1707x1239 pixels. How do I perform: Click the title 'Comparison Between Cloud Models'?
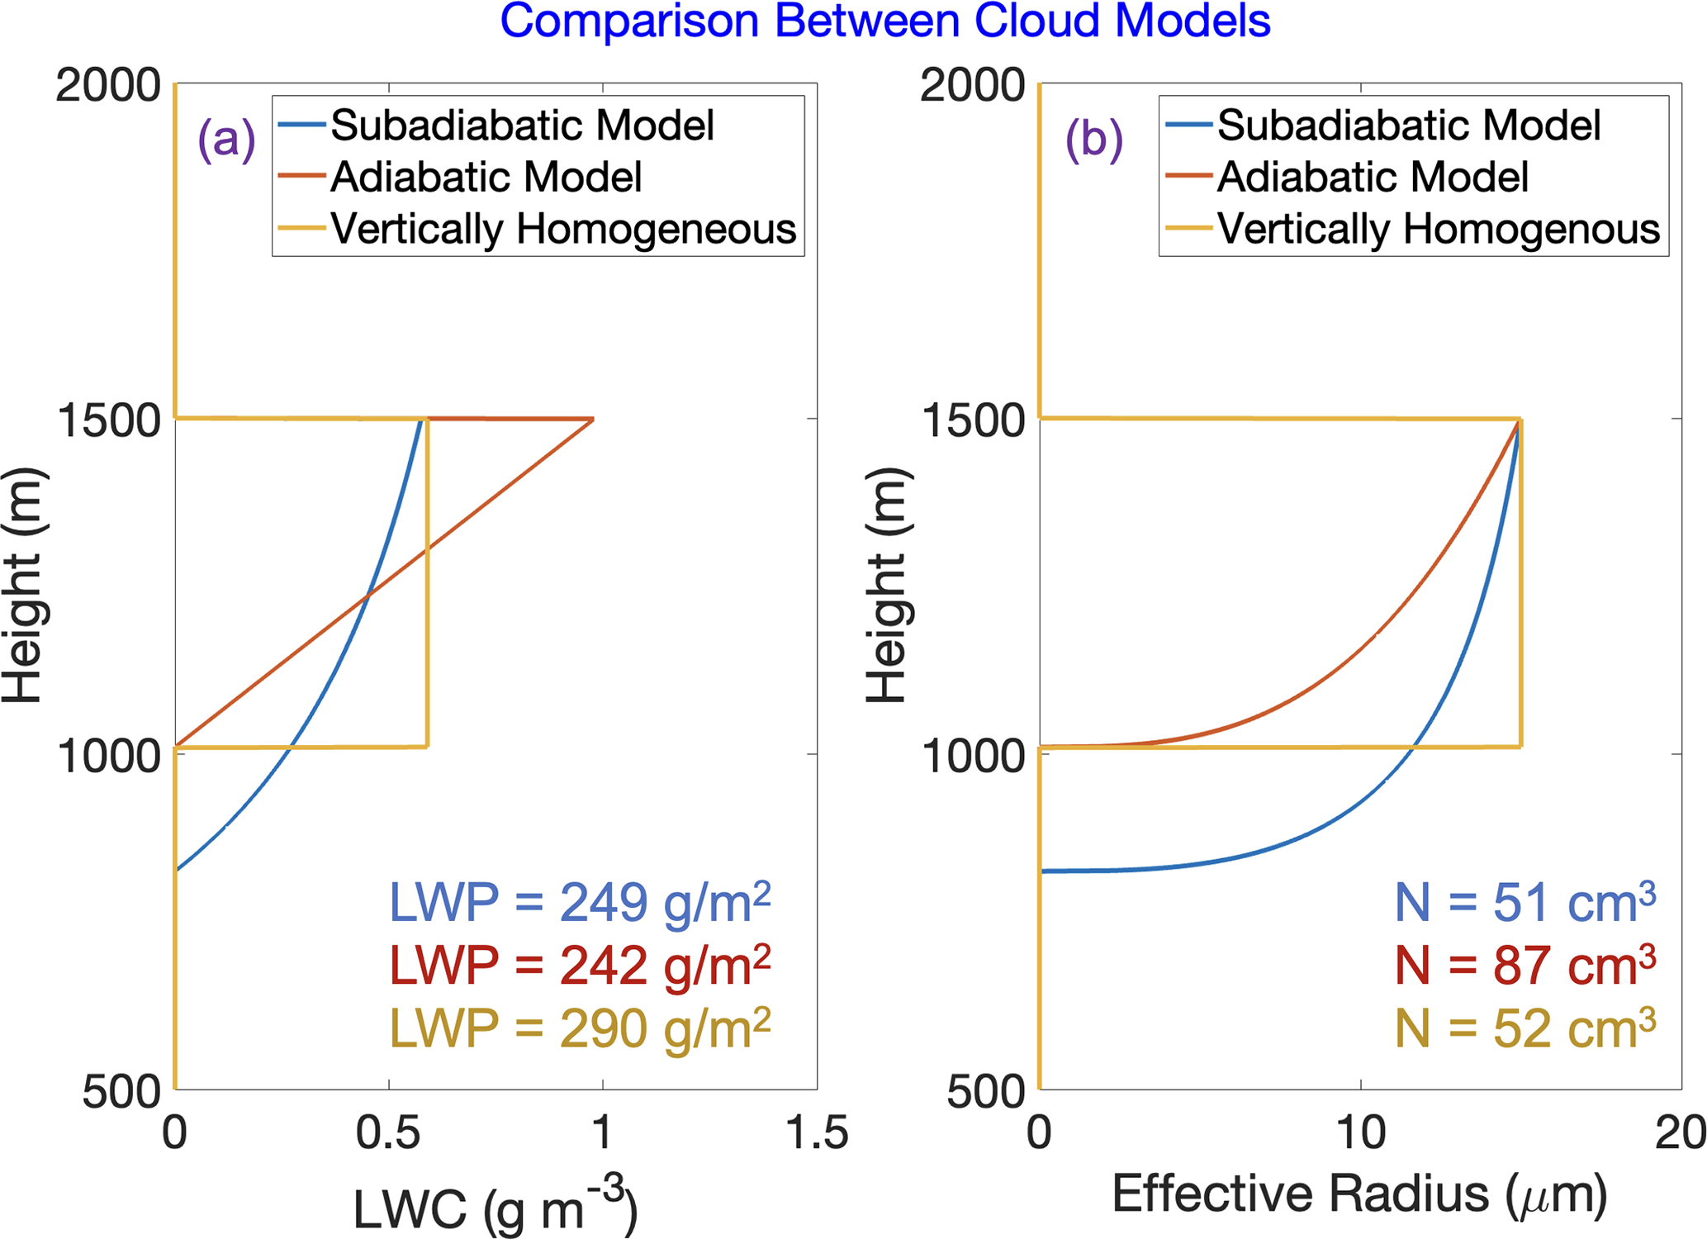[x=884, y=21]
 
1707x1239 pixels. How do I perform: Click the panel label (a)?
[x=226, y=139]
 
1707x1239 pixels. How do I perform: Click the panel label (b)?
[x=1093, y=139]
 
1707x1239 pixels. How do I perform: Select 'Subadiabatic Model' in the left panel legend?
[x=522, y=126]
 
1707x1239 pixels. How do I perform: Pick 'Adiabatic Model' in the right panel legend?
[x=1373, y=177]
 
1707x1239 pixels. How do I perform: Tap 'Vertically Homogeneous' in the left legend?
[x=563, y=229]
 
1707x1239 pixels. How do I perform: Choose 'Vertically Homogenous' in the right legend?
[x=1438, y=229]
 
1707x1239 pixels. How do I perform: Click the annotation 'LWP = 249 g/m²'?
[x=580, y=902]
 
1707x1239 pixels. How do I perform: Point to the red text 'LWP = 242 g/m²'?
[x=580, y=965]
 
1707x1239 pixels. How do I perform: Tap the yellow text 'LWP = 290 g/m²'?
[x=580, y=1028]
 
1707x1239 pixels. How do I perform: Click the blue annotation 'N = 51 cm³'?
[x=1525, y=902]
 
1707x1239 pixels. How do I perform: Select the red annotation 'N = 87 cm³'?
[x=1525, y=965]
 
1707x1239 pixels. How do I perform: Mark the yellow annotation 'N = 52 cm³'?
[x=1525, y=1028]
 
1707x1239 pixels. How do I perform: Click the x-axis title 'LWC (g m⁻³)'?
[x=496, y=1208]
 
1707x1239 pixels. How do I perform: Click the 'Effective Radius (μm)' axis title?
[x=1359, y=1194]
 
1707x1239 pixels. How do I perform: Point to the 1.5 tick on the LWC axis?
[x=817, y=1132]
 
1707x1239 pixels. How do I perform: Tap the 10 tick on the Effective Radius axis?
[x=1360, y=1132]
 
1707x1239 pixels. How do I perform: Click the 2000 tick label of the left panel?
[x=108, y=85]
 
